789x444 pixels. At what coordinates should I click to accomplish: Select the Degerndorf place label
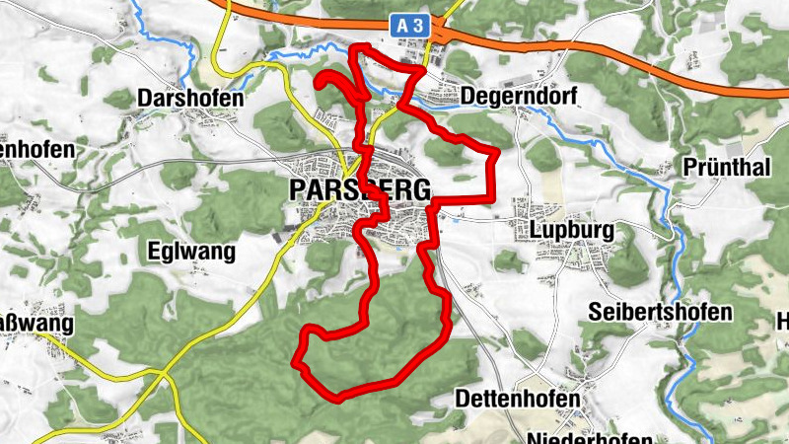(x=518, y=97)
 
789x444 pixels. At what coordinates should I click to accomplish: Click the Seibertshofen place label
(x=660, y=312)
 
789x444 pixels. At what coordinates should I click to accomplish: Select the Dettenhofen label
(x=516, y=399)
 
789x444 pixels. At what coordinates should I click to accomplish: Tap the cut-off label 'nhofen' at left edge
(x=37, y=150)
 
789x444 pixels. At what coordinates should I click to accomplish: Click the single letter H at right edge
(x=782, y=322)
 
